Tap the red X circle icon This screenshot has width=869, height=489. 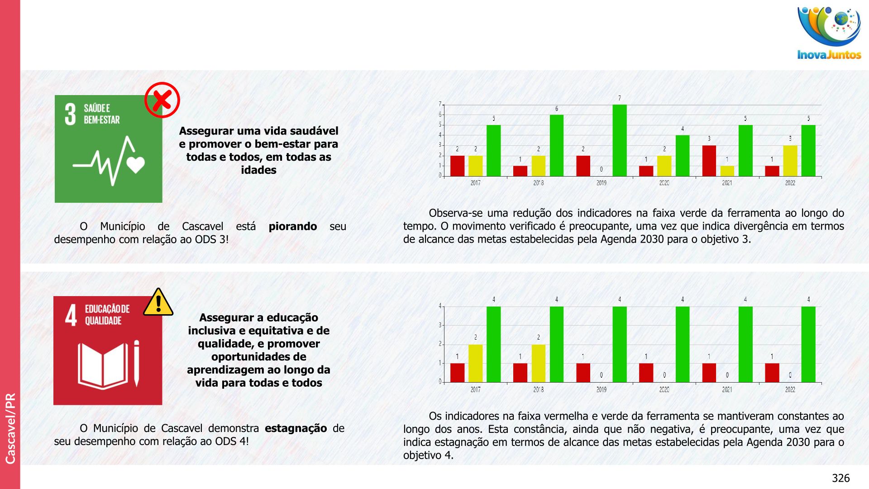162,100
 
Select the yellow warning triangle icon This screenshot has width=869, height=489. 158,302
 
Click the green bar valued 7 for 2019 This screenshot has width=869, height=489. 620,140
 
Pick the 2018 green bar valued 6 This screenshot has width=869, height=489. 557,145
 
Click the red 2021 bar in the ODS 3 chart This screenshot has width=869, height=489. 709,161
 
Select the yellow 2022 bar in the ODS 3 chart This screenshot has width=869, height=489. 790,161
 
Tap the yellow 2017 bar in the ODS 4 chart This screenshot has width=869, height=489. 476,363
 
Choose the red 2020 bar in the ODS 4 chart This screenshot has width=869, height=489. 646,373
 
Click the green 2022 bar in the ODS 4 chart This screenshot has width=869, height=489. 808,344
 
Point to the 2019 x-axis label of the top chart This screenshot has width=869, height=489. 601,183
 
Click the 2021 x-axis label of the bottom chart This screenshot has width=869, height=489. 727,389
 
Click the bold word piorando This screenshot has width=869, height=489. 293,226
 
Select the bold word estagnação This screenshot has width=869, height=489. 296,428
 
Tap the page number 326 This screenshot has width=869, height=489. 840,478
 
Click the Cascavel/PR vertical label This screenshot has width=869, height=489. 10,428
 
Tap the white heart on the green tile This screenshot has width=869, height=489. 136,165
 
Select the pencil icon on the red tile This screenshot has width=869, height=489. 136,363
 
